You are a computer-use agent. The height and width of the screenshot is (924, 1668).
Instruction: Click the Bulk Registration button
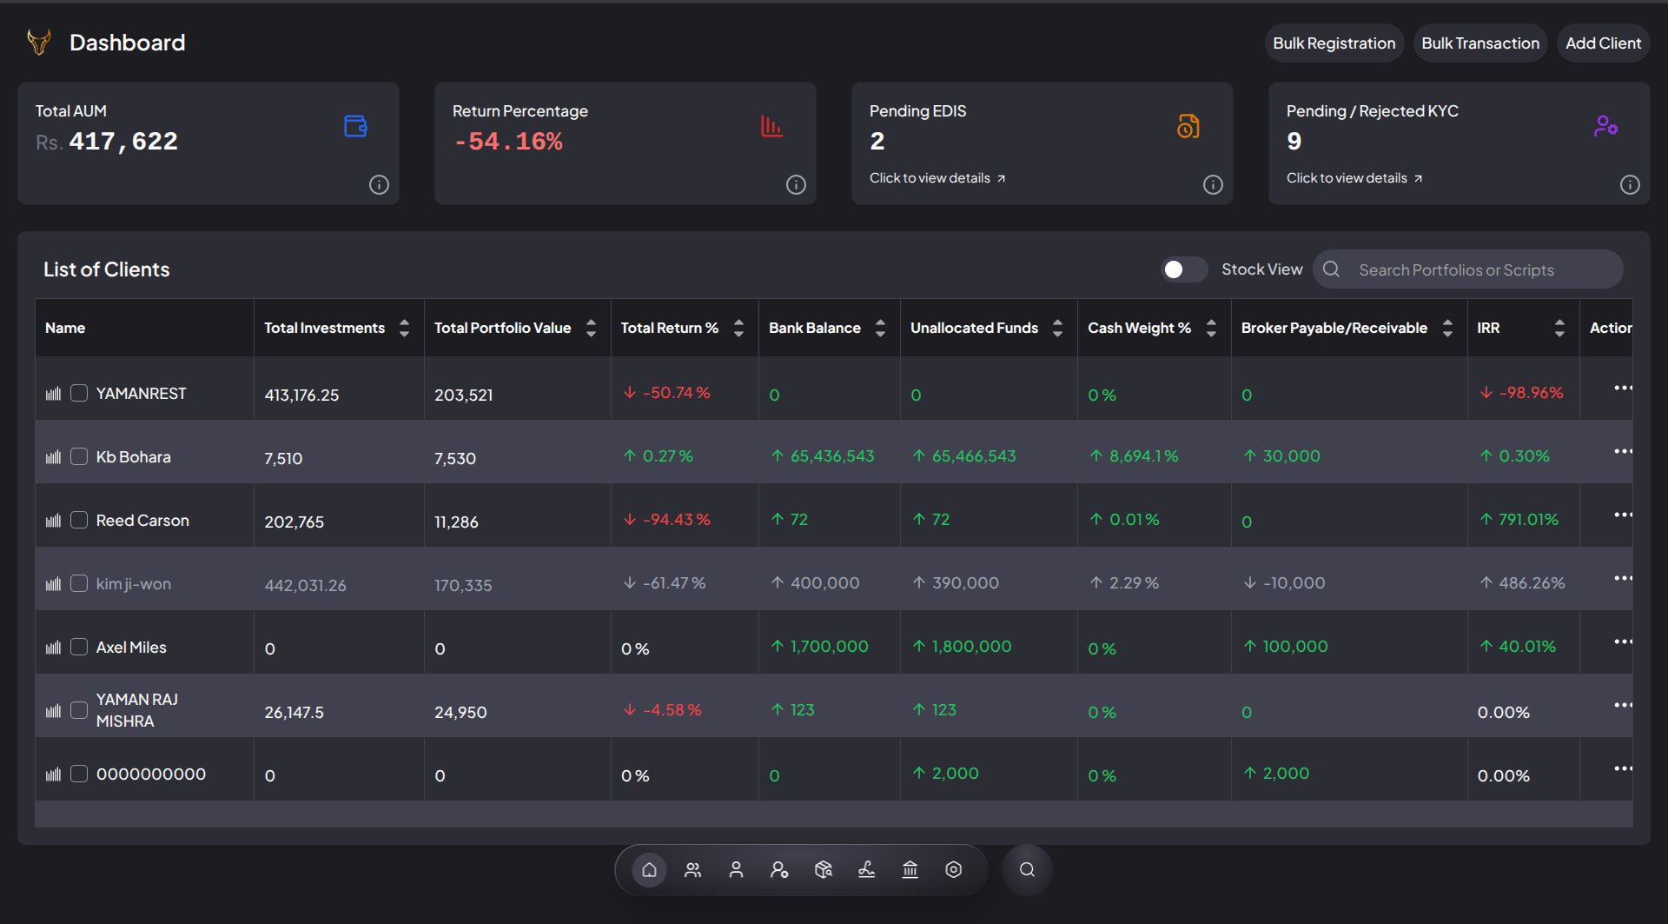1334,43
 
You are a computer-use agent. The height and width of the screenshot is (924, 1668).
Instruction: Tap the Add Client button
1603,43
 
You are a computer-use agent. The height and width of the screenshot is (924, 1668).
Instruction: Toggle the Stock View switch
1184,269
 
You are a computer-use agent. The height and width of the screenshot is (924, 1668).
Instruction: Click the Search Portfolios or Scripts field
1468,269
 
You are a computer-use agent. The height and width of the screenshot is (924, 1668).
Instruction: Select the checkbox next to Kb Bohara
79,456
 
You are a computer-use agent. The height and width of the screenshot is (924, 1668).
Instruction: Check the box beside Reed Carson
79,520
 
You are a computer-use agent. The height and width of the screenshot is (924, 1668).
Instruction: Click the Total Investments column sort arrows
404,328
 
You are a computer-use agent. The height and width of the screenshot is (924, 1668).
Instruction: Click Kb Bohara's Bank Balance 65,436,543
823,456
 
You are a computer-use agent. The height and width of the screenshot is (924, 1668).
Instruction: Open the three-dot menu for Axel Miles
1623,641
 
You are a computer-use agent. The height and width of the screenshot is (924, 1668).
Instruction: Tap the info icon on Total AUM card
379,184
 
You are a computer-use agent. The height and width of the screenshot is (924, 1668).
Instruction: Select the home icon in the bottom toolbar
649,869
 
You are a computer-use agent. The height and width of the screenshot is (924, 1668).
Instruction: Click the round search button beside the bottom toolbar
1027,869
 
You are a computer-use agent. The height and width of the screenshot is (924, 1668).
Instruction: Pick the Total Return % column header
669,328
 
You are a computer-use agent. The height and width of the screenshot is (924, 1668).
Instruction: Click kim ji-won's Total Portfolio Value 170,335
463,585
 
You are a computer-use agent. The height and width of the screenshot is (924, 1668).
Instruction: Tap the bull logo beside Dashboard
39,42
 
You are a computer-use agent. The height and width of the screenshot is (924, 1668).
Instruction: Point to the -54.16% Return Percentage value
508,141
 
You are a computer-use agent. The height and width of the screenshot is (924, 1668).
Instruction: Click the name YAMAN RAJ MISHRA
137,710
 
